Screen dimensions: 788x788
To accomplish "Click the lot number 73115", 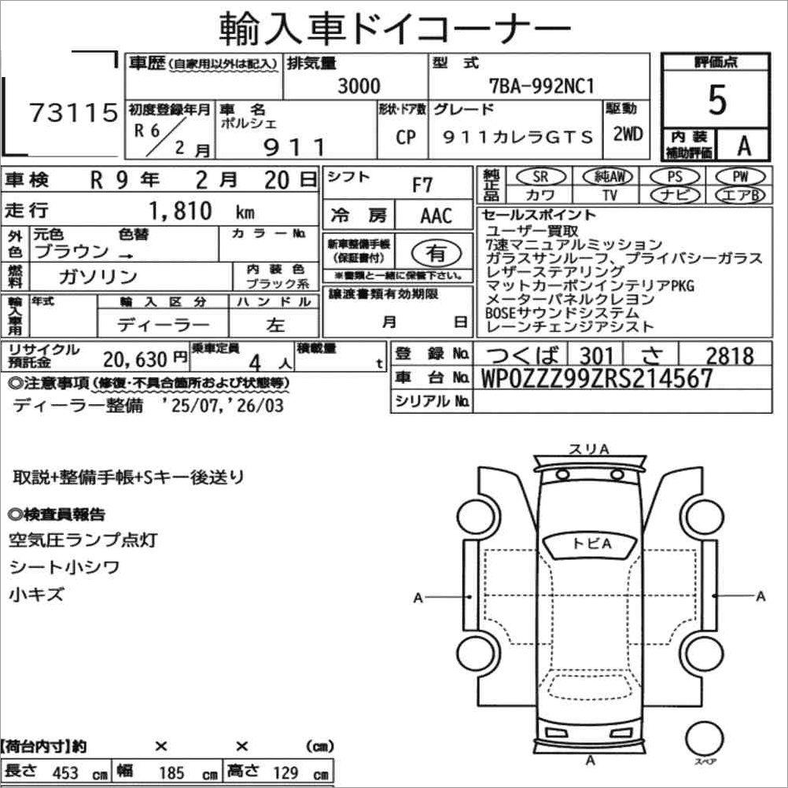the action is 74,112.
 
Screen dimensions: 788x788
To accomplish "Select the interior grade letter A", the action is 744,145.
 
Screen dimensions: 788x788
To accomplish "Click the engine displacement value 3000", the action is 359,86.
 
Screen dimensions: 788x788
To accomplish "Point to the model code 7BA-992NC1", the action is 542,87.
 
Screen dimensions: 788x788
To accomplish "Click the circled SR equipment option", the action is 540,176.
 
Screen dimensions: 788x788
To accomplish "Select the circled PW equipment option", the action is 740,176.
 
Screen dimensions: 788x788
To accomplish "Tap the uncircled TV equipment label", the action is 609,194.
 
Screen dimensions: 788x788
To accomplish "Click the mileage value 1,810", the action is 180,211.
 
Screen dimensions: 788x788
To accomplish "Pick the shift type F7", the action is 422,185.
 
